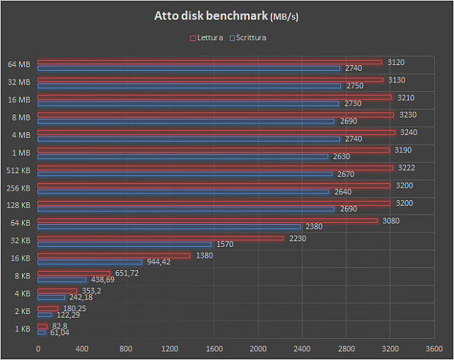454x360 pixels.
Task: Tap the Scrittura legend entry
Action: tap(247, 37)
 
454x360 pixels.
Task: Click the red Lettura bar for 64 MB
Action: tap(209, 62)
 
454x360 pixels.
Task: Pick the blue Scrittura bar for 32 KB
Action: tap(124, 244)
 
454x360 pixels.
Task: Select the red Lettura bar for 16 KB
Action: tap(114, 256)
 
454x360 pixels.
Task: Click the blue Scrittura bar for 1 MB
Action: tap(183, 156)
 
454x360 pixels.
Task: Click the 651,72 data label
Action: tap(126, 273)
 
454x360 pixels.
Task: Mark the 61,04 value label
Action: tap(59, 332)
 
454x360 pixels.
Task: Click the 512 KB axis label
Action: tap(18, 170)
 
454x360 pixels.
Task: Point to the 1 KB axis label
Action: tap(23, 329)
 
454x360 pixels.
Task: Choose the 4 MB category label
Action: tap(20, 135)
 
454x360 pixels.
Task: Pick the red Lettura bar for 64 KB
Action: tap(207, 221)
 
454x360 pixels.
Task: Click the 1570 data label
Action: tap(225, 244)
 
